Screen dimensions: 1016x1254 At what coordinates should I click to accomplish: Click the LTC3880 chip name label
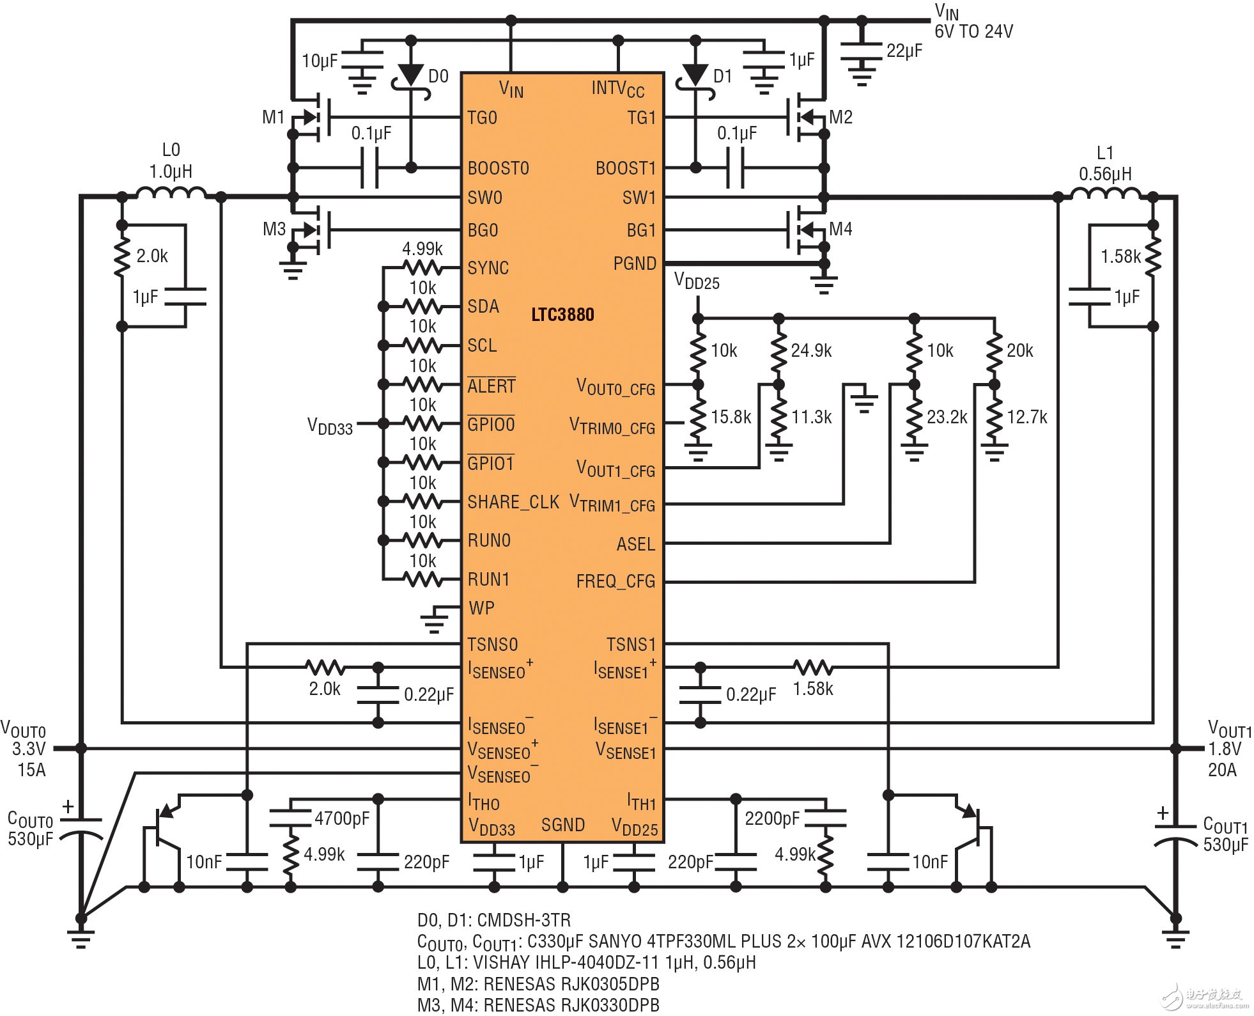[x=562, y=315]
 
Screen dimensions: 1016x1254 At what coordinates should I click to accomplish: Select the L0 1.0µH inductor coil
[x=171, y=192]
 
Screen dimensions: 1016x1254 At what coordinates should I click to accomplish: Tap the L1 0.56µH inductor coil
[x=1105, y=193]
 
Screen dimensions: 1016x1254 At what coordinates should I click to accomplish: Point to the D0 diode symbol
[x=410, y=75]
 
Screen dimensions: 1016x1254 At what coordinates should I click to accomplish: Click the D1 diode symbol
[x=695, y=75]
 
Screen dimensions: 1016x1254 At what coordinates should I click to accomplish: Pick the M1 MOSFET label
[x=273, y=118]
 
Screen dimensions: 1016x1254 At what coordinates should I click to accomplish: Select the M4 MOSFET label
[x=840, y=229]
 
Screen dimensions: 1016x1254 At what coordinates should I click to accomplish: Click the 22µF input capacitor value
[x=904, y=51]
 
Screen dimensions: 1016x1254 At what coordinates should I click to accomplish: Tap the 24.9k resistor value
[x=811, y=350]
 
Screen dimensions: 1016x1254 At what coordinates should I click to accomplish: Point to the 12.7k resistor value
[x=1026, y=418]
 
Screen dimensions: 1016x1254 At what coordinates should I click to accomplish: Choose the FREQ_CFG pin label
[x=615, y=581]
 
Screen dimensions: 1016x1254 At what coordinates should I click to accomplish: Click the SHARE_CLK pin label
[x=513, y=503]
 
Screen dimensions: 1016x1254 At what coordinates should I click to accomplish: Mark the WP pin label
[x=481, y=608]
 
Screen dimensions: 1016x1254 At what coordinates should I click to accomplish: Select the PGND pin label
[x=634, y=263]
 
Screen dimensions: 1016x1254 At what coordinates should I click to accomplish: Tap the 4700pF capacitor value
[x=341, y=818]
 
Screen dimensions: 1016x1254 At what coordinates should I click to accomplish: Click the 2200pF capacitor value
[x=771, y=818]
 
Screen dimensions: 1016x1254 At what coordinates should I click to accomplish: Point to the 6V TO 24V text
[x=973, y=31]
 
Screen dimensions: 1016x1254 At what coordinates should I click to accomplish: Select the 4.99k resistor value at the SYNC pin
[x=422, y=249]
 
